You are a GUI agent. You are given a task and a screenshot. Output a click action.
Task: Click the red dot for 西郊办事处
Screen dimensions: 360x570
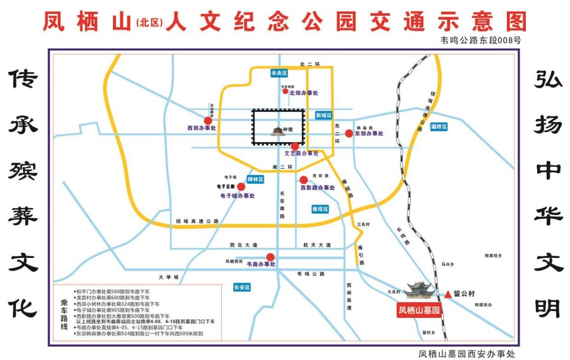coord(208,120)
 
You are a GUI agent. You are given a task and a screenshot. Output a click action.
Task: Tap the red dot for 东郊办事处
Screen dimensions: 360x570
coord(349,133)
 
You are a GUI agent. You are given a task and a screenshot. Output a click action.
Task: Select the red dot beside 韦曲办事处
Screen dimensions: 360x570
coord(271,257)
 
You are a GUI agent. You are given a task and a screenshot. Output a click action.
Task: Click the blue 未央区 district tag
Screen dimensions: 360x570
coord(279,73)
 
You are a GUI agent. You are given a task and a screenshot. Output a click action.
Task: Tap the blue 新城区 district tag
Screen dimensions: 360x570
coord(323,115)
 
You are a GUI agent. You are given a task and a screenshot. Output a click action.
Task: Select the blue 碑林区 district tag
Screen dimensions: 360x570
coord(255,179)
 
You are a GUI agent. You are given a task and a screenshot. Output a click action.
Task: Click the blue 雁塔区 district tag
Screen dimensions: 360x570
coord(320,209)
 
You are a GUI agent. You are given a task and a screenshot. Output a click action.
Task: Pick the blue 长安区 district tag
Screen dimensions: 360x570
coord(242,287)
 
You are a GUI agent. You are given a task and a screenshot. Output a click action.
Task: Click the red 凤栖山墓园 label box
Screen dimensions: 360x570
coord(419,310)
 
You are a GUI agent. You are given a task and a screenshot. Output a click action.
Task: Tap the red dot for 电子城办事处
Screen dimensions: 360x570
coord(241,187)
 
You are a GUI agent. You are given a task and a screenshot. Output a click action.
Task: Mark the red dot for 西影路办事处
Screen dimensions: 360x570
coord(304,179)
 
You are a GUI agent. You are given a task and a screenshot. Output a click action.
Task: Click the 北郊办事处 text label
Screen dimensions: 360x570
coord(304,93)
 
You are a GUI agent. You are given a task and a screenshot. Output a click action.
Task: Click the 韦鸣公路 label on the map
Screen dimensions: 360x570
coord(311,274)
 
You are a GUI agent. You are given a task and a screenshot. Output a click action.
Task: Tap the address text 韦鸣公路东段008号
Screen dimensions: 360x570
coord(481,40)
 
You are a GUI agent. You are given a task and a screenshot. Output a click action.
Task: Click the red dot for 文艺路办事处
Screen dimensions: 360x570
coord(295,146)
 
